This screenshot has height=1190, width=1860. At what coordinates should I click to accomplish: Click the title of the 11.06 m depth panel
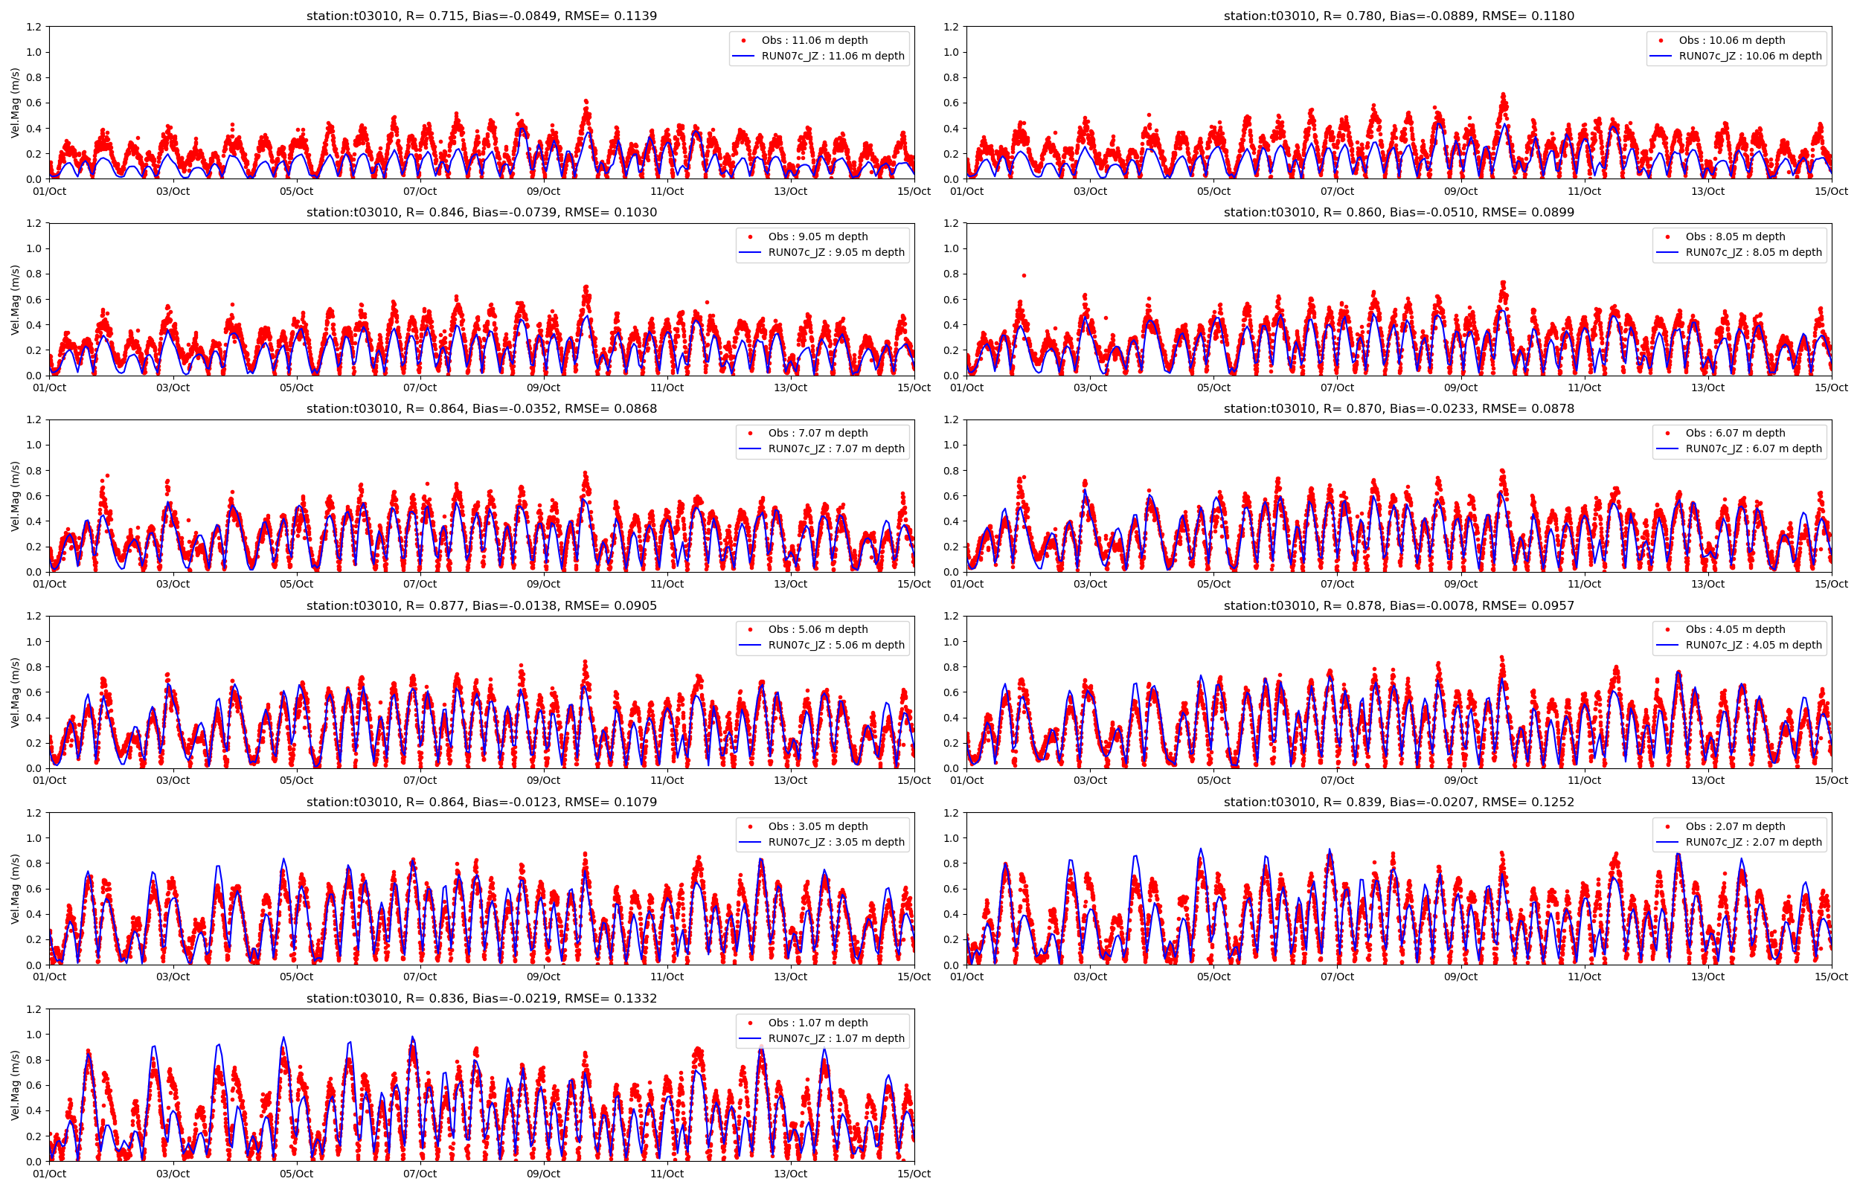(481, 16)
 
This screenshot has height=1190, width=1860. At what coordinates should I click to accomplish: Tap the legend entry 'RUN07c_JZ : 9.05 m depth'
(836, 252)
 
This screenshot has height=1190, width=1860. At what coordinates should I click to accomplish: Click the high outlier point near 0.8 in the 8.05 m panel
(1024, 275)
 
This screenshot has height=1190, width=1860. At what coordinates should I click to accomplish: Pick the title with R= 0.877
(481, 606)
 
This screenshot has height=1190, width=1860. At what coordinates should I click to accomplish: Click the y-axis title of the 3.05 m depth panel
(15, 889)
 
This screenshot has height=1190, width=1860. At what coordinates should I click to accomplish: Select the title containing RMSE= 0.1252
(1399, 802)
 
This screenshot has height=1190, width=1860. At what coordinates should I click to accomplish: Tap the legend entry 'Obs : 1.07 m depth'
(817, 1023)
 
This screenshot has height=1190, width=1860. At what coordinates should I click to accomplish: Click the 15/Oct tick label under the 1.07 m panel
(914, 1174)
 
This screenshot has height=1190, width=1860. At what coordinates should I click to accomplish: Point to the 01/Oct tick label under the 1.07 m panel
(49, 1174)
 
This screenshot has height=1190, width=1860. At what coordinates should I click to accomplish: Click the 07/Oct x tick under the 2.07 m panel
(1337, 977)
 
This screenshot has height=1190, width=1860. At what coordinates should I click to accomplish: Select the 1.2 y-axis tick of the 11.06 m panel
(33, 27)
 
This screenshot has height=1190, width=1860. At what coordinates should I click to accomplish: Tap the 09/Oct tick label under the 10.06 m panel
(1460, 191)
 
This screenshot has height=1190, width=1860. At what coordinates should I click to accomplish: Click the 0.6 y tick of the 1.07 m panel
(33, 1085)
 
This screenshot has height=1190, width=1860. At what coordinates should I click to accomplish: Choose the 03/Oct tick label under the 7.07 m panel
(173, 584)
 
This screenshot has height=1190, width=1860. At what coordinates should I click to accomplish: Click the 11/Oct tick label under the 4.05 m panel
(1584, 780)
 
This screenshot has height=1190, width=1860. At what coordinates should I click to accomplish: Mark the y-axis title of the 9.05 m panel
(15, 300)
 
